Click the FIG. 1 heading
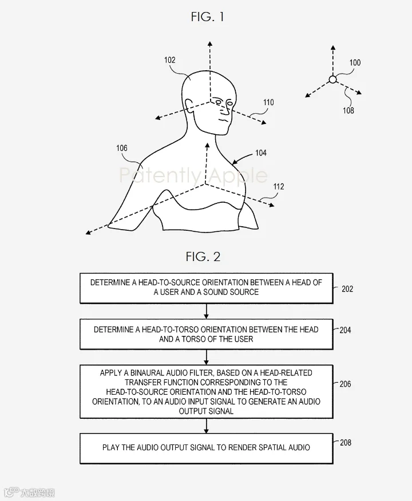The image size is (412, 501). pyautogui.click(x=207, y=17)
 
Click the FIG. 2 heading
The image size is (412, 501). pyautogui.click(x=203, y=256)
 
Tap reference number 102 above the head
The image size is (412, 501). pyautogui.click(x=170, y=60)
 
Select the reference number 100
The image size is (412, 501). pyautogui.click(x=355, y=62)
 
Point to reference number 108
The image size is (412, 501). pyautogui.click(x=348, y=111)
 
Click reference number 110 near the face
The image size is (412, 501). pyautogui.click(x=268, y=103)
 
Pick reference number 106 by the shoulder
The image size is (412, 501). pyautogui.click(x=122, y=148)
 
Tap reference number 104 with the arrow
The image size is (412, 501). pyautogui.click(x=260, y=153)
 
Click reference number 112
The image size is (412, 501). pyautogui.click(x=279, y=187)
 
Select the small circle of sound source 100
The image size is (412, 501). pyautogui.click(x=333, y=79)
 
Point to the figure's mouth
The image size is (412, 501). pyautogui.click(x=223, y=121)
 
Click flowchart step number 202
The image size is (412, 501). pyautogui.click(x=347, y=289)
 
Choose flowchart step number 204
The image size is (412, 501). pyautogui.click(x=346, y=330)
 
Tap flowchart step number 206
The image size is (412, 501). pyautogui.click(x=346, y=384)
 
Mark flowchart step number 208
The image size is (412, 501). pyautogui.click(x=346, y=443)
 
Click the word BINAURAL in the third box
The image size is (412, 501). pyautogui.click(x=148, y=373)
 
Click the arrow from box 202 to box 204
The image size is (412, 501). pyautogui.click(x=206, y=311)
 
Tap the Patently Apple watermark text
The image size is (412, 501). pyautogui.click(x=193, y=175)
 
